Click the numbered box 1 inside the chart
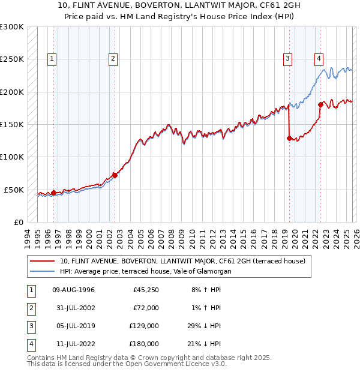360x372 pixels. pyautogui.click(x=53, y=59)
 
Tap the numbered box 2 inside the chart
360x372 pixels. pyautogui.click(x=113, y=59)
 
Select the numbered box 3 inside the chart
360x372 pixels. pyautogui.click(x=288, y=59)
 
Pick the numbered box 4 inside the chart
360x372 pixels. pyautogui.click(x=319, y=59)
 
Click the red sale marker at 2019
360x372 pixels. pyautogui.click(x=289, y=138)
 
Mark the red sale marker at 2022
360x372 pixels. pyautogui.click(x=320, y=105)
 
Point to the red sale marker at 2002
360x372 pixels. pyautogui.click(x=115, y=175)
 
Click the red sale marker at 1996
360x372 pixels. pyautogui.click(x=53, y=193)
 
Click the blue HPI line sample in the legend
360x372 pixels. pyautogui.click(x=43, y=271)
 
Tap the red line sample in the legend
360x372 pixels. pyautogui.click(x=43, y=261)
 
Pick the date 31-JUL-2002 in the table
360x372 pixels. pyautogui.click(x=73, y=308)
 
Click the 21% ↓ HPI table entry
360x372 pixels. pyautogui.click(x=205, y=344)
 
